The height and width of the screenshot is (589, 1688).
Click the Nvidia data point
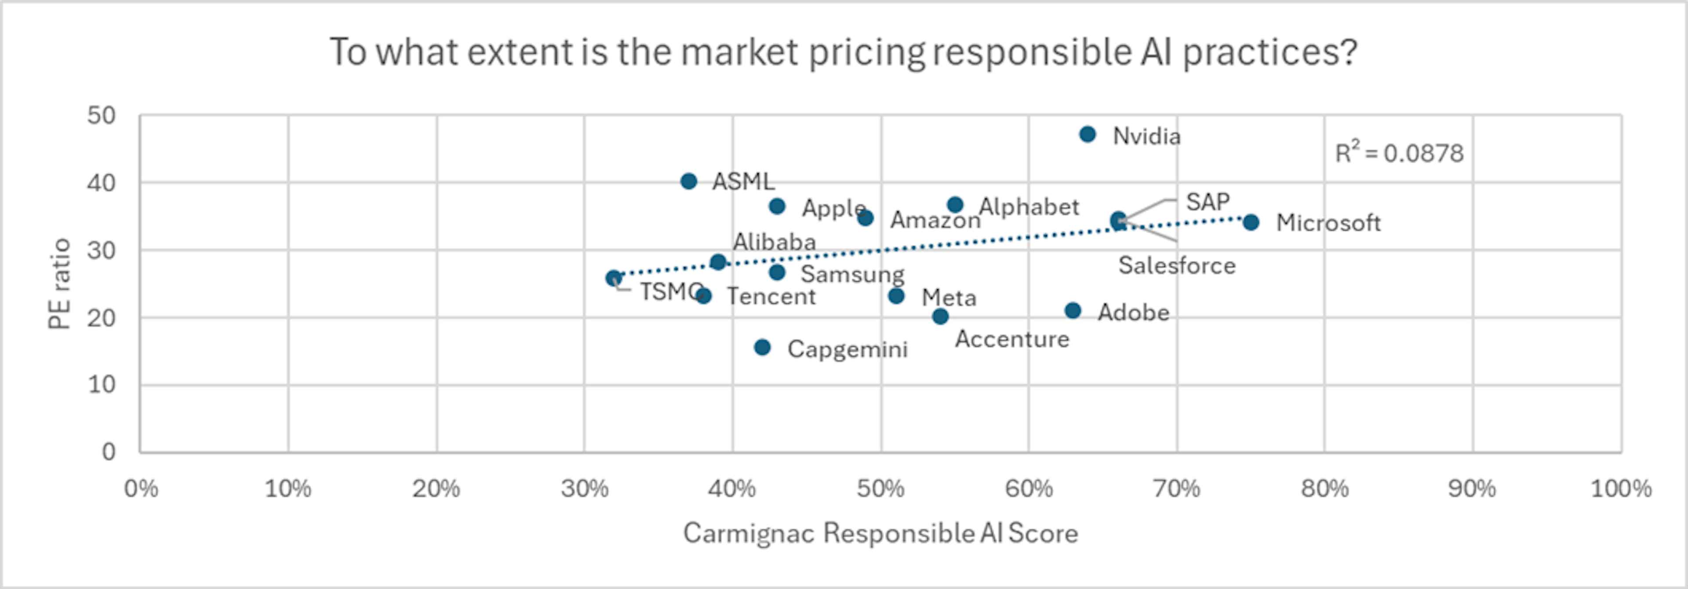pyautogui.click(x=1087, y=135)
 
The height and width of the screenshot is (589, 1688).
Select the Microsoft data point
pyautogui.click(x=1251, y=222)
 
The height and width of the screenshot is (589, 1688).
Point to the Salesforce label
pyautogui.click(x=1177, y=266)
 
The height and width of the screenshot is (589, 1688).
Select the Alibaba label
pyautogui.click(x=774, y=242)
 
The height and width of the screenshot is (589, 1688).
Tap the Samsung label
pyautogui.click(x=852, y=274)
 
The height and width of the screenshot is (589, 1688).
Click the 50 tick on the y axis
pyautogui.click(x=102, y=116)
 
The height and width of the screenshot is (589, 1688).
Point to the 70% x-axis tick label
pyautogui.click(x=1176, y=489)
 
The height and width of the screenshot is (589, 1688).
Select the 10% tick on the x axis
pyautogui.click(x=287, y=489)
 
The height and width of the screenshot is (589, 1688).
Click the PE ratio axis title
pyautogui.click(x=60, y=284)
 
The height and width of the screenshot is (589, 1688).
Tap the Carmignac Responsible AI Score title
pyautogui.click(x=880, y=533)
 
